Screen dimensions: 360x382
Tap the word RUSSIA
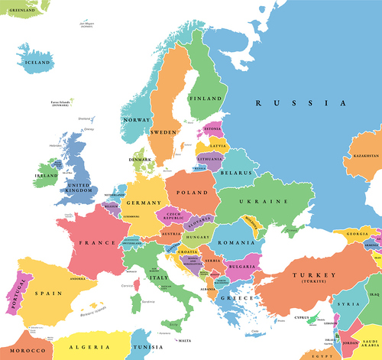[300, 102]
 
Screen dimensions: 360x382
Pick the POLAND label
[192, 193]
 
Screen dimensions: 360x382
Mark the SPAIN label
[47, 294]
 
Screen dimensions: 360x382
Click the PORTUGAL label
[13, 296]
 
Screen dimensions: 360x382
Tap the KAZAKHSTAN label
[365, 155]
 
